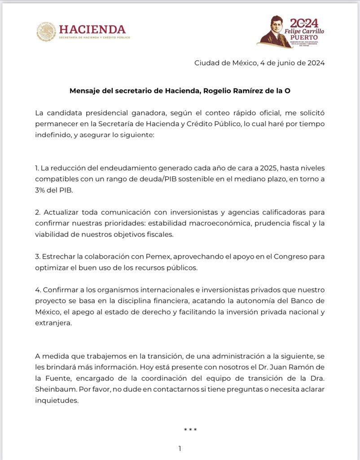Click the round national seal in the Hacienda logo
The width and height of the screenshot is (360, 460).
coord(46,32)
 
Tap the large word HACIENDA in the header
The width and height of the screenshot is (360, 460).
coord(92,29)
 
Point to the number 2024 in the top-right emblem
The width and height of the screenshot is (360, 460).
coord(304,23)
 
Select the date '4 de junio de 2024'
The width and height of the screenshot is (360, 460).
coord(292,63)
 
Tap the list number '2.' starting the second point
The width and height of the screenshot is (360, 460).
coord(38,211)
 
